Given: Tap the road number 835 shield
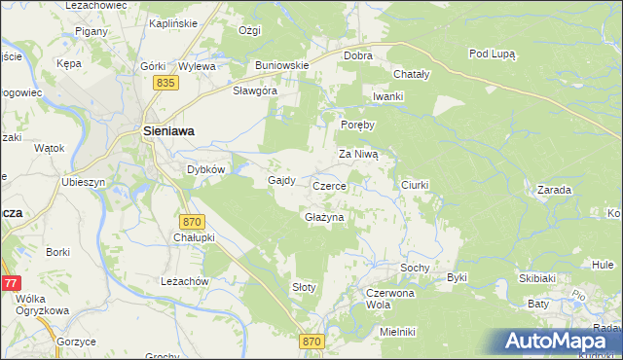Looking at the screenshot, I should [165, 85].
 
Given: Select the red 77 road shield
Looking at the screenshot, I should [9, 283].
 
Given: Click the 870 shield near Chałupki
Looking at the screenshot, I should [192, 223].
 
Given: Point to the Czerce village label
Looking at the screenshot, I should [330, 185].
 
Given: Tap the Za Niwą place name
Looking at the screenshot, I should [364, 154].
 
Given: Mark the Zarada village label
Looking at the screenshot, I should [553, 191].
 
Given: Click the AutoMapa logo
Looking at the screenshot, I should [554, 341].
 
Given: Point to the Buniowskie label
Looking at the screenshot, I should [282, 65].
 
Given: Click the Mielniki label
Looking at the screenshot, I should [398, 332].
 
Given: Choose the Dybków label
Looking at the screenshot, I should [206, 168].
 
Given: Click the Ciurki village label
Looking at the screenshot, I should [416, 184].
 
